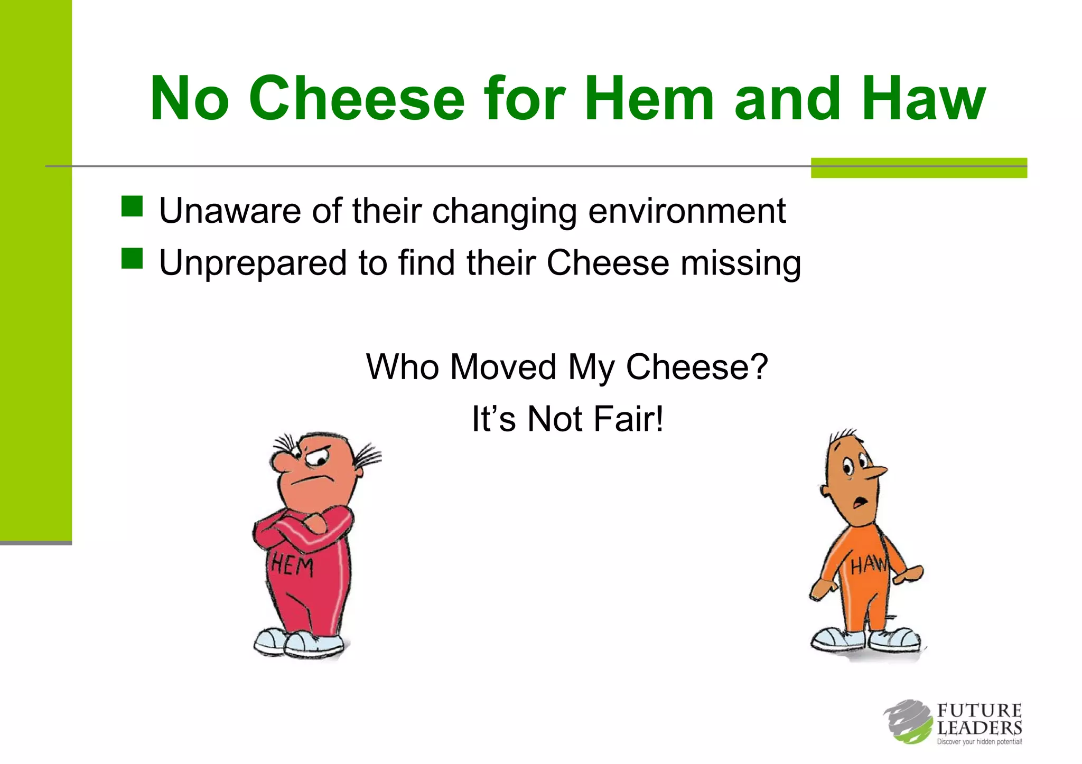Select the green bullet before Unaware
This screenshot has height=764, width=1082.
click(x=132, y=206)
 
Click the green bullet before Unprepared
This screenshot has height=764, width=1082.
click(x=132, y=259)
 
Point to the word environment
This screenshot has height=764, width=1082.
click(x=687, y=211)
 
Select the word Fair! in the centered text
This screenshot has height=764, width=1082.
click(x=628, y=419)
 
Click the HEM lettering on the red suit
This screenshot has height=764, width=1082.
click(x=292, y=567)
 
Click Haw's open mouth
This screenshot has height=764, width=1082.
click(x=860, y=501)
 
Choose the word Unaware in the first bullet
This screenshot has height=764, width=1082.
click(x=230, y=211)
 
